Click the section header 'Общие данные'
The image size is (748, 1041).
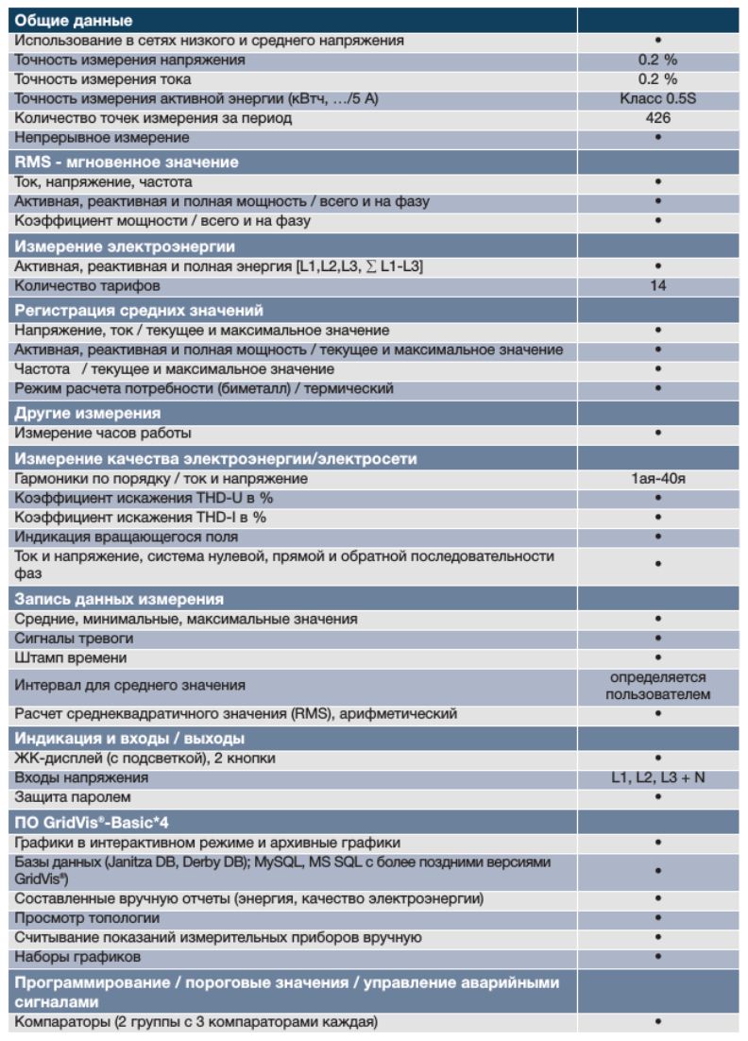(x=74, y=20)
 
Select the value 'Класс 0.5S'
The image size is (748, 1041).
(x=657, y=99)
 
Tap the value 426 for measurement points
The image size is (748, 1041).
(x=657, y=118)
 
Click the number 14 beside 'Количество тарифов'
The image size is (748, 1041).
(x=657, y=285)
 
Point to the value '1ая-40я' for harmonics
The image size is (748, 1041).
(x=657, y=478)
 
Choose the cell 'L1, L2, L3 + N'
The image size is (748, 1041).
(x=657, y=777)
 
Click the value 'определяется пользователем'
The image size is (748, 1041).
(x=657, y=686)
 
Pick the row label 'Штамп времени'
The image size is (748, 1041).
(x=71, y=657)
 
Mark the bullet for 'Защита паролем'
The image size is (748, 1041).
(x=657, y=797)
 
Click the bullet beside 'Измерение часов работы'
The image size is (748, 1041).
(x=657, y=433)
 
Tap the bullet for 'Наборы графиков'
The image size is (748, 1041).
(x=657, y=957)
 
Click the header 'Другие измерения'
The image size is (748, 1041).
(x=87, y=413)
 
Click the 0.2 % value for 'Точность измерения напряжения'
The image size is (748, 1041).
(x=657, y=60)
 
